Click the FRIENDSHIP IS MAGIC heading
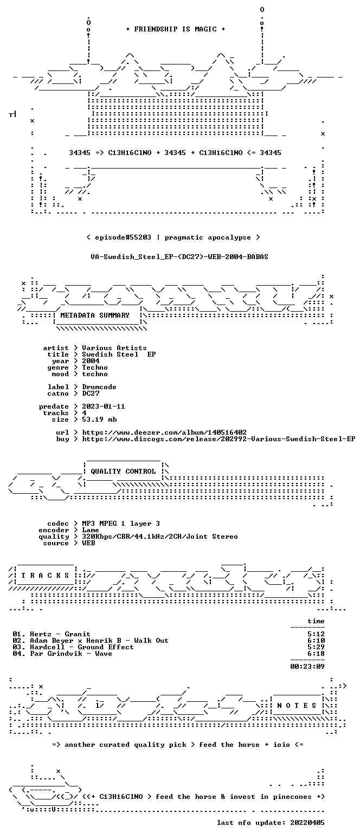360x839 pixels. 175,29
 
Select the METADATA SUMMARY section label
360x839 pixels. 95,315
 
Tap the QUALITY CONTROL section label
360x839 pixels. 123,471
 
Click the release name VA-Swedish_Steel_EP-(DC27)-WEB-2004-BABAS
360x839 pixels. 179,257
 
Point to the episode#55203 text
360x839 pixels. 123,237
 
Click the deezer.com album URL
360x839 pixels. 164,433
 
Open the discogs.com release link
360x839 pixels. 219,439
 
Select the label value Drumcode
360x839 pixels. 99,387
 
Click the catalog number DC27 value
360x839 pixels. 91,393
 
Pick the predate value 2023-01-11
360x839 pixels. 104,406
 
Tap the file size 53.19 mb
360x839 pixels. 99,419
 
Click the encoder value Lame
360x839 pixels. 91,530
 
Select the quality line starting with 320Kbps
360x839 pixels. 160,537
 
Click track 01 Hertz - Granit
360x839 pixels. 52,634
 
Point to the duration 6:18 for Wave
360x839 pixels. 316,654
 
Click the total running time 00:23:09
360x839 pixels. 307,666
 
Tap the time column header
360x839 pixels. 316,621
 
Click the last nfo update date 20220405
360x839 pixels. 307,823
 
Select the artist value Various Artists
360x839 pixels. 114,348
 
